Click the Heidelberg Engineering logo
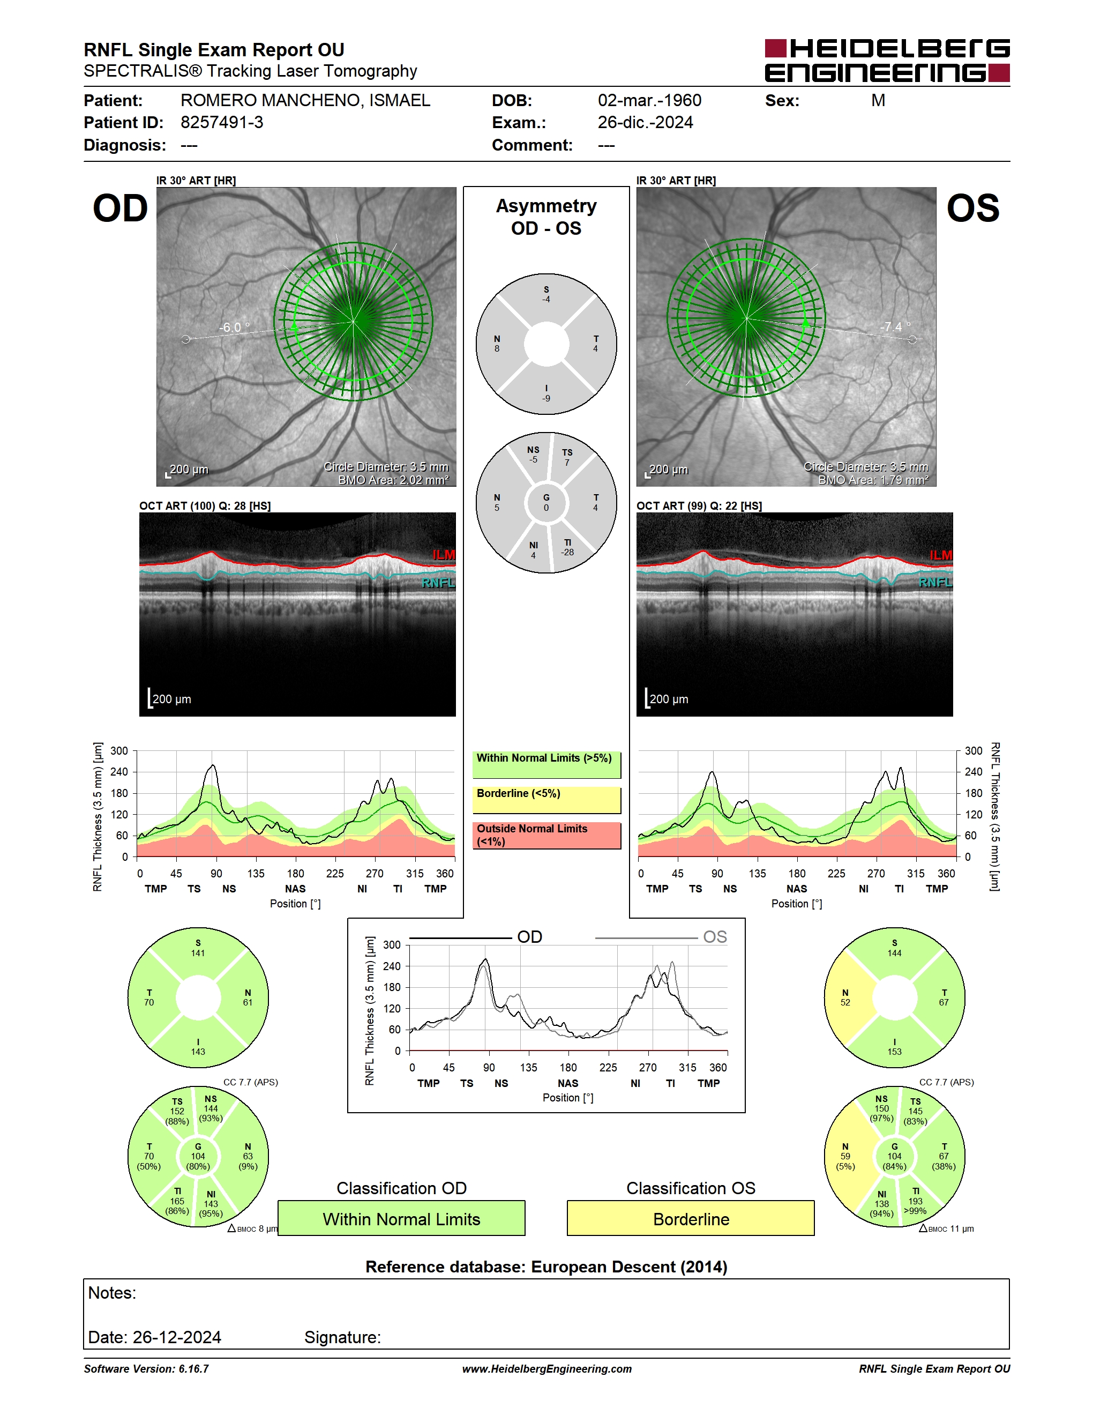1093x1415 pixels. click(887, 60)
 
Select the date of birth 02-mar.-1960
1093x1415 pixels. click(649, 100)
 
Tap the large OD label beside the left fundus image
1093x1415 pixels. click(121, 208)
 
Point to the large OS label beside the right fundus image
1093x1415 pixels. click(972, 208)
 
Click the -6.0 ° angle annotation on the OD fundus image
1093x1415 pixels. click(234, 327)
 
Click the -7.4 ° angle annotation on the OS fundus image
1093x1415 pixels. click(895, 326)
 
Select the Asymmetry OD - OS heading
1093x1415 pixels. click(546, 217)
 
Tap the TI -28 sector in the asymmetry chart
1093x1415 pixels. click(568, 547)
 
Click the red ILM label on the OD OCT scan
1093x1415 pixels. click(444, 555)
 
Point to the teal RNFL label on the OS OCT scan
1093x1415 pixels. click(935, 583)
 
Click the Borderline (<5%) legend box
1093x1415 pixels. click(546, 800)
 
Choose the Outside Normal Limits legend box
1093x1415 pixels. click(546, 836)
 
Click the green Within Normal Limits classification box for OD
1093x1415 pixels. click(401, 1219)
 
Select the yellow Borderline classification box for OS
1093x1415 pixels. click(691, 1219)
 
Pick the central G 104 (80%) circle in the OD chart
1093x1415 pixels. click(198, 1157)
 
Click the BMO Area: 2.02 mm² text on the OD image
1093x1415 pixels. click(394, 480)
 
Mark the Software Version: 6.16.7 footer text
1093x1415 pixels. click(146, 1369)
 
